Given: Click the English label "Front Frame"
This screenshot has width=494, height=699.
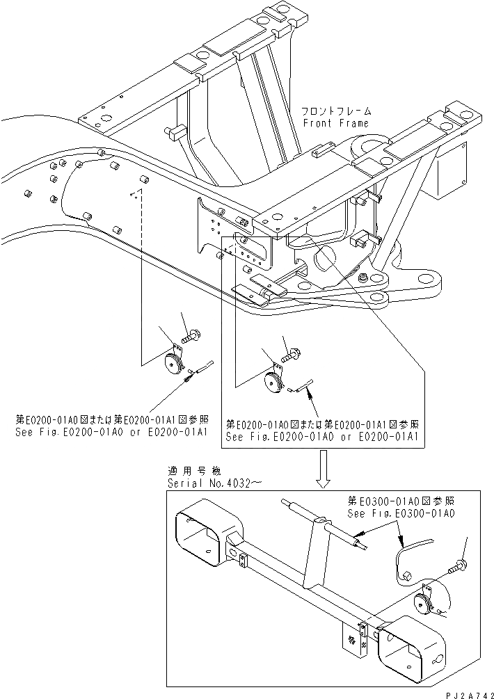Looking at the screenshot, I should click(336, 122).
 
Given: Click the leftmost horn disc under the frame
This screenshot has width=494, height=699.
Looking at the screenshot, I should click(172, 363).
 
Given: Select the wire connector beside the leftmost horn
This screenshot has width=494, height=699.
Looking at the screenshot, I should click(201, 369).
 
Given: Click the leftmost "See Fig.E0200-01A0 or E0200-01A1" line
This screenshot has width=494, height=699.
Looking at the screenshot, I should click(111, 432).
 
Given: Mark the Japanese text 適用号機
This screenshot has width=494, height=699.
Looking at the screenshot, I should click(187, 471).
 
